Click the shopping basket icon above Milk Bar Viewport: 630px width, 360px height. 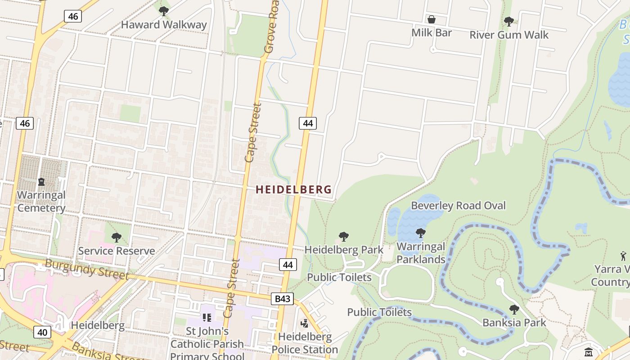[431, 19]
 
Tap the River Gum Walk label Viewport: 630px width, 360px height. [509, 35]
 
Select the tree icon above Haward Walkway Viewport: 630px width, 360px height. [164, 11]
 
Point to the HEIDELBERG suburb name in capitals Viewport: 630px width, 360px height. [293, 190]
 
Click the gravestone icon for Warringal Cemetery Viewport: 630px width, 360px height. [41, 182]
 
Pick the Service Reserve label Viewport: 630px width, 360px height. [117, 251]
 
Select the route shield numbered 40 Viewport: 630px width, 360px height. [42, 333]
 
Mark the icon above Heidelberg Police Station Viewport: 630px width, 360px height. [305, 323]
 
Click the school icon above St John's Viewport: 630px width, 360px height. [207, 318]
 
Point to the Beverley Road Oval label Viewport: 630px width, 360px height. [458, 206]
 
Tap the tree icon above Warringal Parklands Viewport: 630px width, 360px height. [421, 233]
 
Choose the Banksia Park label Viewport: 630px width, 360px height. [514, 323]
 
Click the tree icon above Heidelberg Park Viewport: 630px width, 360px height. [344, 236]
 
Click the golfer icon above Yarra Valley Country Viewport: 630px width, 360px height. [623, 256]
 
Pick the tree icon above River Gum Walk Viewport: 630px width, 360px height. [509, 21]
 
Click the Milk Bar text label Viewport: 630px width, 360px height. [431, 33]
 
